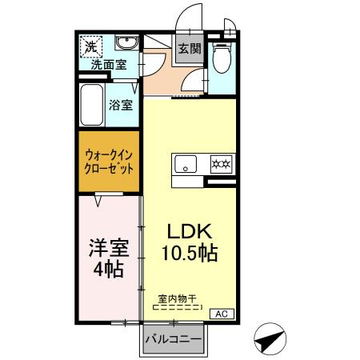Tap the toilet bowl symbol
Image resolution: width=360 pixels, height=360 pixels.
click(x=221, y=58)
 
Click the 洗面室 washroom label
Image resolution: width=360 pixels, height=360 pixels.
click(x=106, y=66)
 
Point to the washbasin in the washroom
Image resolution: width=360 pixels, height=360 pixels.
click(x=126, y=43)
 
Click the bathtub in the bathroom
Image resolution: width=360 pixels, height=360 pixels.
click(x=92, y=104)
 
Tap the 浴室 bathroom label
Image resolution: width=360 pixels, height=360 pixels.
click(x=121, y=104)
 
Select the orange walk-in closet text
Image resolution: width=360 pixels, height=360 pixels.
click(x=109, y=163)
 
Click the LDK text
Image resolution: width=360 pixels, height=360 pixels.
click(x=189, y=230)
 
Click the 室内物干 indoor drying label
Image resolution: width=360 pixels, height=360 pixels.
click(x=178, y=299)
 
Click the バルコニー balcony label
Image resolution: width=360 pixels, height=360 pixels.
click(x=173, y=339)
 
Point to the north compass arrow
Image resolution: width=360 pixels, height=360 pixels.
click(x=271, y=339)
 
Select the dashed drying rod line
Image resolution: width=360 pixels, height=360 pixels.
click(x=178, y=307)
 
